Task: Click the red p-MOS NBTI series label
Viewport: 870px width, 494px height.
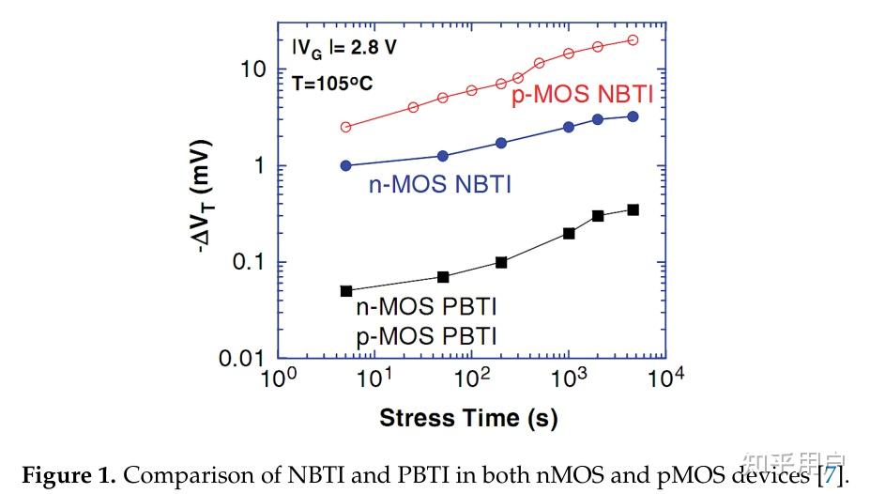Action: pos(582,95)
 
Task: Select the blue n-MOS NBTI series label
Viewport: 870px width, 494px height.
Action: pos(441,184)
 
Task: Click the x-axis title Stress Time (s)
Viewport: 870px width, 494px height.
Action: pos(468,418)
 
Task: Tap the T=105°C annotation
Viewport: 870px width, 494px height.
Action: pos(332,83)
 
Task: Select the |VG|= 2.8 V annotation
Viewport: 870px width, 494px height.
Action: pos(343,48)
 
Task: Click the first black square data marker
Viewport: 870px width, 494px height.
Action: pos(346,291)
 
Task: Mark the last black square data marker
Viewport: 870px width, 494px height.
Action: pos(633,209)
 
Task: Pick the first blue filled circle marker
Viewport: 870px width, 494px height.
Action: pos(345,165)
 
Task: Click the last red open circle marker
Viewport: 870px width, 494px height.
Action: pos(633,39)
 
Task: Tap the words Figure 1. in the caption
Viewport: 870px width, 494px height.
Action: pos(69,475)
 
